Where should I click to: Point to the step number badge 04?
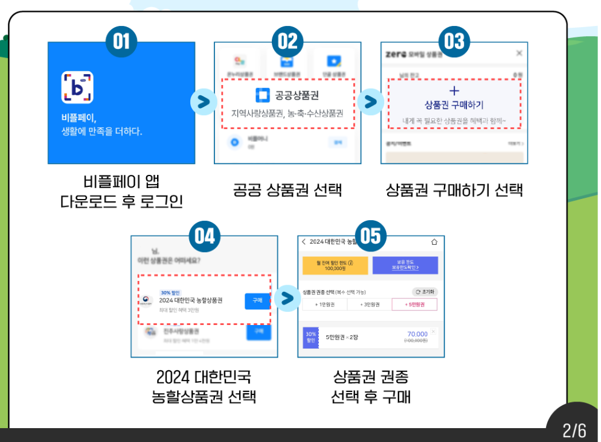point(205,235)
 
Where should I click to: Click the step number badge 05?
point(371,235)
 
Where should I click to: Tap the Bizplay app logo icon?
point(77,87)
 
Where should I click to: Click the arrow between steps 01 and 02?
point(204,102)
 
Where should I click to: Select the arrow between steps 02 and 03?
point(371,102)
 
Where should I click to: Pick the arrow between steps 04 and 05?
point(288,297)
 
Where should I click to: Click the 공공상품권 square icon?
point(263,95)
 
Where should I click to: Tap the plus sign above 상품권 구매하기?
point(454,90)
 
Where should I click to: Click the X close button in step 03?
point(519,54)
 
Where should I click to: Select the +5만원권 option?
point(414,305)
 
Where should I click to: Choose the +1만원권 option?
point(325,305)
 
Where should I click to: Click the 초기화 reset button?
point(425,292)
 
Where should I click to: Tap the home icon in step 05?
point(433,242)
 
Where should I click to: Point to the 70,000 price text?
point(417,334)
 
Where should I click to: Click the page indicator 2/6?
point(574,431)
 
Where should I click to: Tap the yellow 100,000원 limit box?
point(335,265)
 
